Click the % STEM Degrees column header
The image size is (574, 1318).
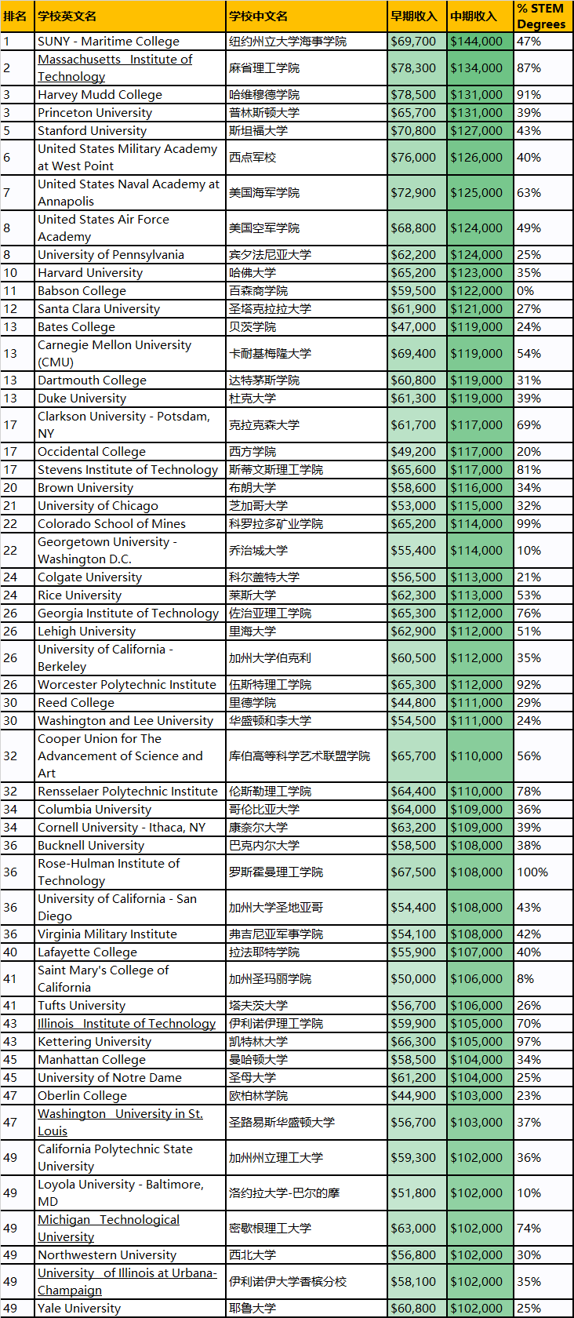click(x=542, y=16)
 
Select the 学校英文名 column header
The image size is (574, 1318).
click(x=67, y=16)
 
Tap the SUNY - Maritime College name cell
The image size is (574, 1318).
click(x=108, y=42)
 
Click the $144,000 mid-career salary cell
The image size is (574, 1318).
click(x=477, y=42)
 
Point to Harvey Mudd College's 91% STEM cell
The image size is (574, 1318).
click(x=529, y=95)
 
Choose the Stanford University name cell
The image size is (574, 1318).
click(x=92, y=131)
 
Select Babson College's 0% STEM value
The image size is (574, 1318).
click(x=525, y=291)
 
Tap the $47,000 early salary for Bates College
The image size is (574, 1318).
click(x=413, y=327)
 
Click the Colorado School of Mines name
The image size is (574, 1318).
click(x=111, y=524)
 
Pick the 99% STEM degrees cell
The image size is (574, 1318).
click(x=529, y=524)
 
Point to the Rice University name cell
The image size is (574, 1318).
click(x=79, y=595)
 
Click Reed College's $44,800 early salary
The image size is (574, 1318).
click(x=413, y=703)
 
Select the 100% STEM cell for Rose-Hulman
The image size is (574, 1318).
click(x=532, y=872)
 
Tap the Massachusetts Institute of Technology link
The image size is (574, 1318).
click(x=114, y=68)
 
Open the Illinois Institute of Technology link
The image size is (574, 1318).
click(x=126, y=1024)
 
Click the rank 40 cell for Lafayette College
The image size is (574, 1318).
click(x=10, y=952)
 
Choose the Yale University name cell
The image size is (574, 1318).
click(x=79, y=1309)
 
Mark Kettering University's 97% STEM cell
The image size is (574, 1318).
click(x=529, y=1042)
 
